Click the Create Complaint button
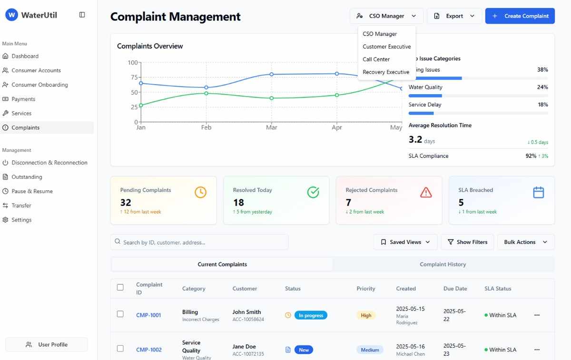(520, 16)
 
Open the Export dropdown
(454, 16)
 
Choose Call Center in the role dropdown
(376, 59)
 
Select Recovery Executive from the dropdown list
(386, 72)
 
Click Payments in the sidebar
(23, 99)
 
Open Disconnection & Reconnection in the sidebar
(49, 163)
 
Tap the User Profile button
(47, 345)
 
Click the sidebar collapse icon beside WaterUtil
(82, 15)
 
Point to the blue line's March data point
(272, 74)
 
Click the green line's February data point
(206, 93)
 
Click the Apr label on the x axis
(337, 127)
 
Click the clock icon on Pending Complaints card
(200, 192)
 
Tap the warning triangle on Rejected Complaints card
(426, 192)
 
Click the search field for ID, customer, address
(200, 242)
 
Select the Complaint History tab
(443, 264)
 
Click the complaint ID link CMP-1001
(148, 315)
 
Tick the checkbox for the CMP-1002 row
(120, 349)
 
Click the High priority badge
(366, 315)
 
